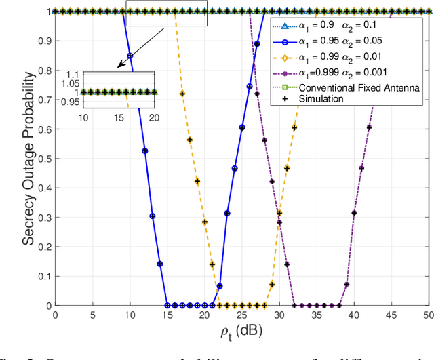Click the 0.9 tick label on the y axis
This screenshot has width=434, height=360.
point(42,41)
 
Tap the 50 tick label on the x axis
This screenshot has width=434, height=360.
point(429,317)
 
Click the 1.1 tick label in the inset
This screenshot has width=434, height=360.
point(73,73)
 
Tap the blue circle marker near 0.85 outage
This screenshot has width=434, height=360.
point(130,56)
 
